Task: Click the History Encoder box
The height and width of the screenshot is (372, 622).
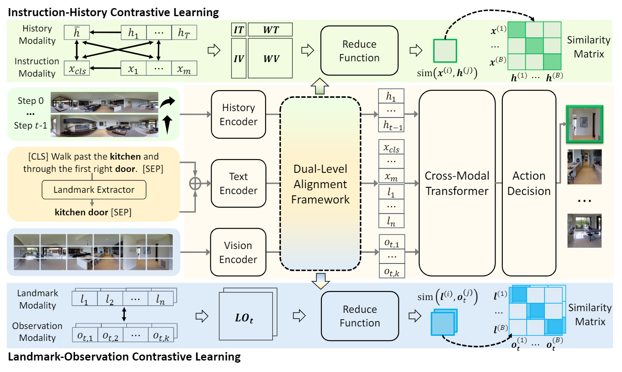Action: pos(238,114)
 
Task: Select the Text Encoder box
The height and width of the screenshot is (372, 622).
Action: pos(238,183)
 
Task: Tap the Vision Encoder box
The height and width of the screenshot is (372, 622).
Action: pos(238,252)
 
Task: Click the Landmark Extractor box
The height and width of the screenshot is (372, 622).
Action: pos(94,190)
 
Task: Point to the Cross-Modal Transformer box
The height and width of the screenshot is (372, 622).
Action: pos(457,183)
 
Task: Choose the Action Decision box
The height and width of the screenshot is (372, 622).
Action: pos(529,183)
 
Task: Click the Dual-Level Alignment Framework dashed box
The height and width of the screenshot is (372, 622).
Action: pos(320,184)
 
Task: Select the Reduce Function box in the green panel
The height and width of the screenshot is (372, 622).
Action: pos(359,51)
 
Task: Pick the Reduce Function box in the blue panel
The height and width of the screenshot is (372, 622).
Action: pos(360,316)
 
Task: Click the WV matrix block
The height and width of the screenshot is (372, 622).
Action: pos(270,58)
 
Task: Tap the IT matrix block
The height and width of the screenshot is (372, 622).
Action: pos(238,30)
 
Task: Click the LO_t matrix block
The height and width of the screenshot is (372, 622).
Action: pos(245,318)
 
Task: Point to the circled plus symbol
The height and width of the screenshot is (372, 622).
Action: pos(195,183)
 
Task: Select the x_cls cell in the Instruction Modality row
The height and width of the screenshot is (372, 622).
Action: pos(77,69)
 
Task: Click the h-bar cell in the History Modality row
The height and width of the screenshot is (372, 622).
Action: pos(77,32)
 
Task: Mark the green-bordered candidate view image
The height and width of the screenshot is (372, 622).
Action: pos(584,124)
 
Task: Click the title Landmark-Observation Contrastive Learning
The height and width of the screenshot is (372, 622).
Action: pos(124,357)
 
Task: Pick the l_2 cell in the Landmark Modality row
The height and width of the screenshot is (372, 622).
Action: pos(110,300)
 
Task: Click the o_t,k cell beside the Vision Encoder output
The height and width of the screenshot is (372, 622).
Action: pos(392,272)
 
